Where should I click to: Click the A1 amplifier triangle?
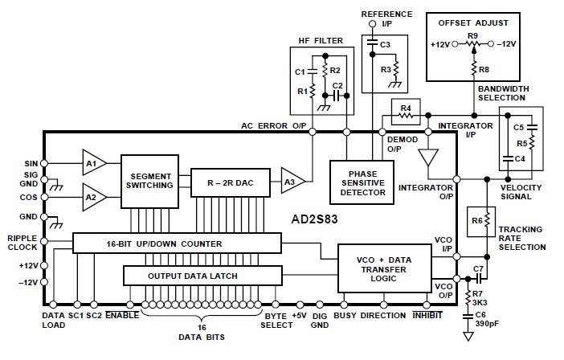[93, 163]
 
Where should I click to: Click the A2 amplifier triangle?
[93, 196]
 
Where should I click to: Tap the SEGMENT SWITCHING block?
[149, 179]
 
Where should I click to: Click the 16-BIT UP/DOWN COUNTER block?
[177, 243]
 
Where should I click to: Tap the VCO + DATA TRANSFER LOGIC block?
[387, 268]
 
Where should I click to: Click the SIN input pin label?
[30, 163]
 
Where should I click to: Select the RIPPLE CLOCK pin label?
[22, 243]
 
